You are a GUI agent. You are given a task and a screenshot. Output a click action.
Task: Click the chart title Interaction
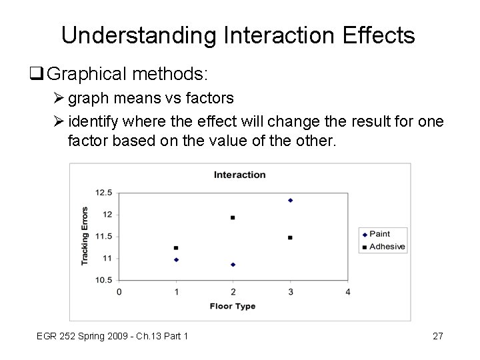[x=239, y=175]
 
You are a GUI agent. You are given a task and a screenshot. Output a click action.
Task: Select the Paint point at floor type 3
[x=290, y=200]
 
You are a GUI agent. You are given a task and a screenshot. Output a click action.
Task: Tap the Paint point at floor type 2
[x=233, y=265]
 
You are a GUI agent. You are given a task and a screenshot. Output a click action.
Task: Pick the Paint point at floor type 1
[x=176, y=259]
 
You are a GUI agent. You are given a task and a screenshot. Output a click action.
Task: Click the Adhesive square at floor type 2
[x=233, y=217]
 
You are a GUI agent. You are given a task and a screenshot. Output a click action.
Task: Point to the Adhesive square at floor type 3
[x=290, y=237]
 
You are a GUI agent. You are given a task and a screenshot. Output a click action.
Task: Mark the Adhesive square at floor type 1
[x=176, y=247]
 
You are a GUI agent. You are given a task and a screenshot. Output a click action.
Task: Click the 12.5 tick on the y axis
[x=104, y=193]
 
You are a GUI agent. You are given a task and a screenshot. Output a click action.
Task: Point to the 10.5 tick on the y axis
[x=104, y=280]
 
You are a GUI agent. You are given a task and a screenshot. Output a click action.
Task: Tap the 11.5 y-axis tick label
[x=104, y=237]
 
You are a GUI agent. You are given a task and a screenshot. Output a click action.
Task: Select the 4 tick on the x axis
[x=348, y=292]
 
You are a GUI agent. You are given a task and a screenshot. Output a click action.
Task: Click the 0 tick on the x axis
[x=119, y=292]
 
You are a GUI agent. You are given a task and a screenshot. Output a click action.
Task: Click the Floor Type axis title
[x=233, y=307]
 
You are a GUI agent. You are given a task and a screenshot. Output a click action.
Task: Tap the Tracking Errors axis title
[x=85, y=235]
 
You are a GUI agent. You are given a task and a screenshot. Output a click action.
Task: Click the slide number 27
[x=437, y=336]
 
